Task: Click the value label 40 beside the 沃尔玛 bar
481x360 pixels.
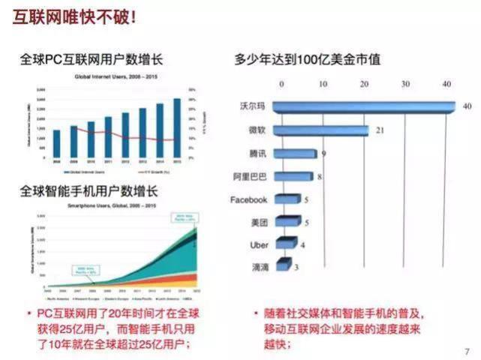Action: click(467, 107)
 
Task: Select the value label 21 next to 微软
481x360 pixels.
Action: click(380, 130)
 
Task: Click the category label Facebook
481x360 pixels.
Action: click(248, 200)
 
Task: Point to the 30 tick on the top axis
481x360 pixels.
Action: click(406, 83)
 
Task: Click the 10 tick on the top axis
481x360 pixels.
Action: click(323, 83)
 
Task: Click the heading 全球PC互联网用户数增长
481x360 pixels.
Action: click(93, 59)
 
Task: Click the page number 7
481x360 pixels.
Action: click(467, 349)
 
